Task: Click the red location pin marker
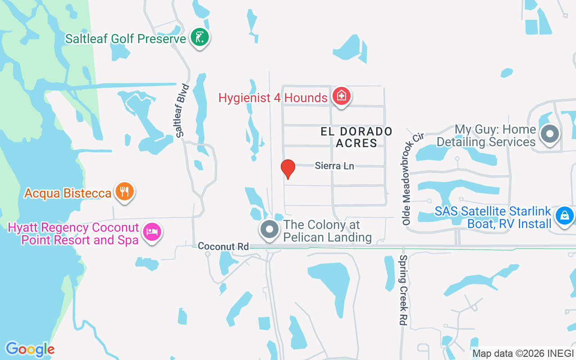point(288,169)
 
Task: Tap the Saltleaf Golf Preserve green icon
point(198,37)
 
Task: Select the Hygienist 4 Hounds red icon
point(342,96)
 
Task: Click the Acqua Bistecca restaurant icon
point(125,192)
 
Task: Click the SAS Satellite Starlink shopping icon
point(564,216)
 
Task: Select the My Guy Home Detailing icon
point(549,135)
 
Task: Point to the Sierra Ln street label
point(334,166)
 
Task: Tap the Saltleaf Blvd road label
point(182,111)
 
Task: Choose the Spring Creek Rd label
point(403,290)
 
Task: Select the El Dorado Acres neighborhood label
point(356,137)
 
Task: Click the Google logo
point(30,349)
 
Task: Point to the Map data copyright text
point(522,354)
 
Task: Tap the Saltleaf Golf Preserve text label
point(126,39)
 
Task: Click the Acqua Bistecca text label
point(68,193)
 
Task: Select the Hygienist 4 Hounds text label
point(273,98)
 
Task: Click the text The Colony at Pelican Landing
point(328,231)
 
